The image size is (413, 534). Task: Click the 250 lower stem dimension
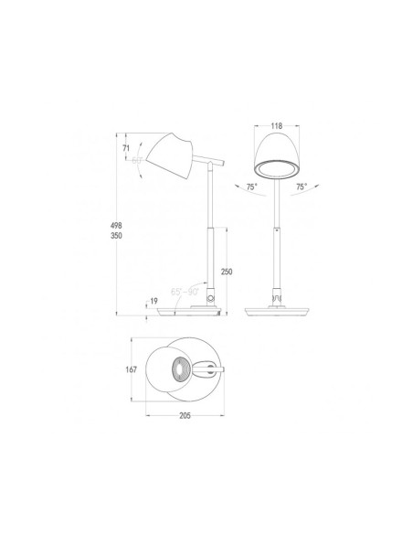[x=228, y=272]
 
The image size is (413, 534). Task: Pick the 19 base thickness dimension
[x=154, y=300]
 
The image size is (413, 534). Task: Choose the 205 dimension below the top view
[x=186, y=413]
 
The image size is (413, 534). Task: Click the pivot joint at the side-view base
[x=213, y=298]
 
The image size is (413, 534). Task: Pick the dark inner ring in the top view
[x=183, y=371]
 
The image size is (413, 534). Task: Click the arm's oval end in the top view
[x=213, y=369]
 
